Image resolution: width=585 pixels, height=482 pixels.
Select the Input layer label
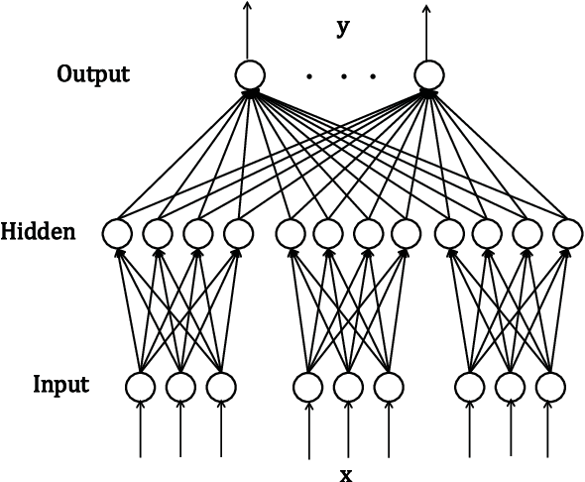(x=62, y=384)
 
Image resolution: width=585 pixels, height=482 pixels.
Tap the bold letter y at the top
(x=343, y=29)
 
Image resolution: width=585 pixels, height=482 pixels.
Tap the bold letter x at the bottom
(x=345, y=474)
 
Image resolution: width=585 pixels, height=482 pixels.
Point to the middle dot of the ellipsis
(x=343, y=75)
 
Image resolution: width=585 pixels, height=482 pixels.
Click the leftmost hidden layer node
(x=117, y=234)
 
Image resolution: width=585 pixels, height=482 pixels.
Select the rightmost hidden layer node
(x=566, y=234)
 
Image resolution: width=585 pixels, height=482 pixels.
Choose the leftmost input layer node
(x=140, y=386)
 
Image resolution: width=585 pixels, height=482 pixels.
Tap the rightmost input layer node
(x=548, y=386)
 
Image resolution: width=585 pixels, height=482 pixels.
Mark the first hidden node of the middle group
(x=289, y=234)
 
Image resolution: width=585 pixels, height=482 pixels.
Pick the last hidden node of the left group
(x=237, y=234)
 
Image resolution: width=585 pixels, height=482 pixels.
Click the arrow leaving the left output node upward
(x=248, y=30)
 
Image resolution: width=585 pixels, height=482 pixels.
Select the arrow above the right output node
(x=427, y=30)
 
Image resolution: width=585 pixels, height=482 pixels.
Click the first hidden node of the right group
(x=449, y=234)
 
